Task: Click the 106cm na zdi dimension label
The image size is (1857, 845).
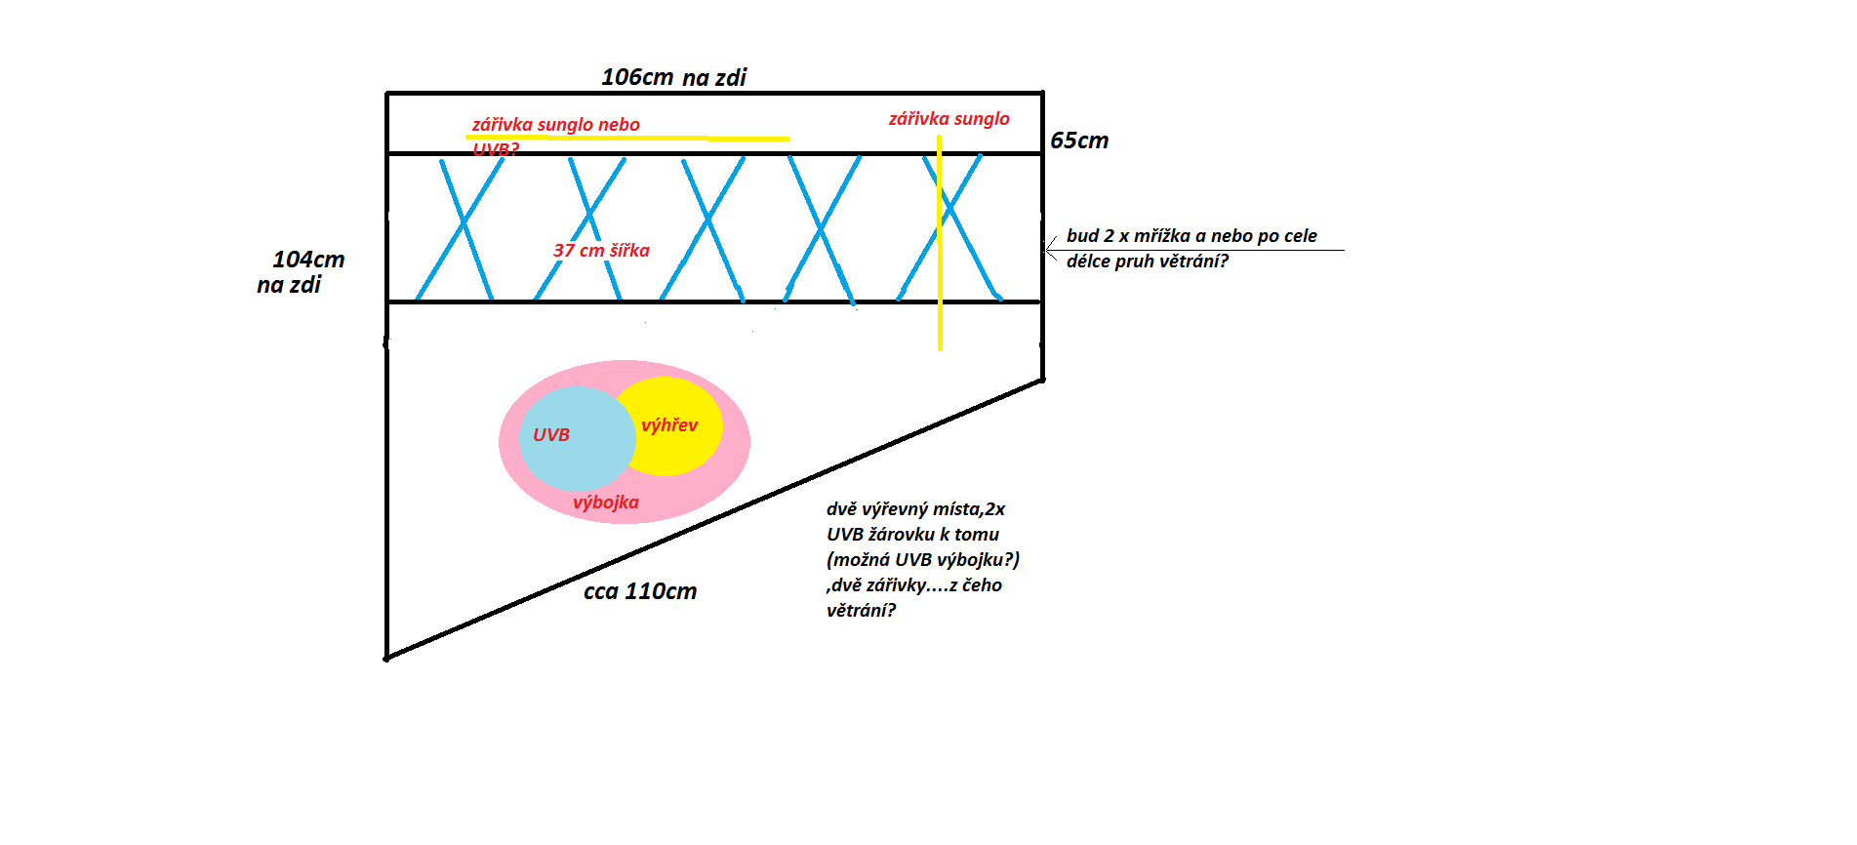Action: (673, 77)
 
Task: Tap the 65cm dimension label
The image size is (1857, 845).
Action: (1078, 141)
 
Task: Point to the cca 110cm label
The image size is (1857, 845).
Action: (640, 591)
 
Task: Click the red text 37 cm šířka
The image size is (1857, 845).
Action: (601, 251)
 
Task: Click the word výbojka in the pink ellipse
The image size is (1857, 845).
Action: (605, 503)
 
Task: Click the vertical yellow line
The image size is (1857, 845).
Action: (940, 254)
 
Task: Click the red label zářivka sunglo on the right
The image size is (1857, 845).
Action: (949, 119)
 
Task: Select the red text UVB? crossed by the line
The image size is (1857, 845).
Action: (496, 149)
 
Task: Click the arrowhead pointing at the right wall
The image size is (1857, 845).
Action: (1050, 250)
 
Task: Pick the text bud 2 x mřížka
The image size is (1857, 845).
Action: (1127, 236)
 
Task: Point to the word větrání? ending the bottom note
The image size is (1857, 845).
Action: (861, 611)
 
